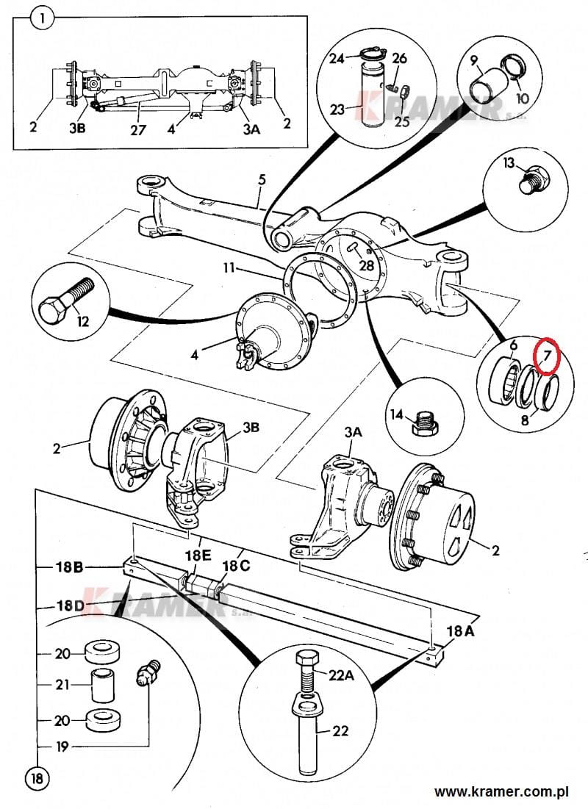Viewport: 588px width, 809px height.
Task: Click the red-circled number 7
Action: click(547, 356)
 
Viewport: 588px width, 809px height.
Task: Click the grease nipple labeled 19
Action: click(148, 673)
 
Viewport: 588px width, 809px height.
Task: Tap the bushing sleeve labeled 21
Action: click(104, 684)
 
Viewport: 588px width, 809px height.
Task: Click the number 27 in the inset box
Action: click(139, 129)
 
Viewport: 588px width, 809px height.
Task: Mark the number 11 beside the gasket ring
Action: click(231, 269)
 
